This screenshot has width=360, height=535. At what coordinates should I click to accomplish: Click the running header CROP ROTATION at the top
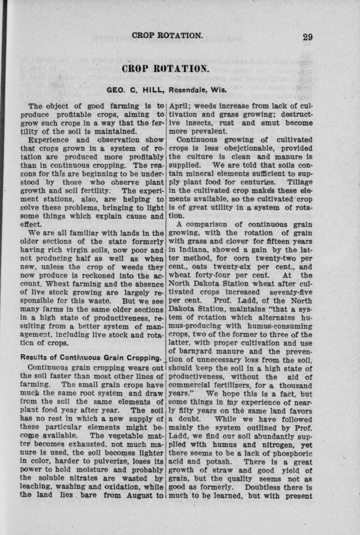(x=167, y=36)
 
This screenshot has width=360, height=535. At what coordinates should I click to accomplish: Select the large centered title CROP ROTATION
(x=166, y=70)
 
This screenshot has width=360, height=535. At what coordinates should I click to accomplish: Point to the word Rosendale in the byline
(x=186, y=92)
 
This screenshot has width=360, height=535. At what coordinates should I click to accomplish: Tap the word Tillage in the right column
(x=299, y=182)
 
